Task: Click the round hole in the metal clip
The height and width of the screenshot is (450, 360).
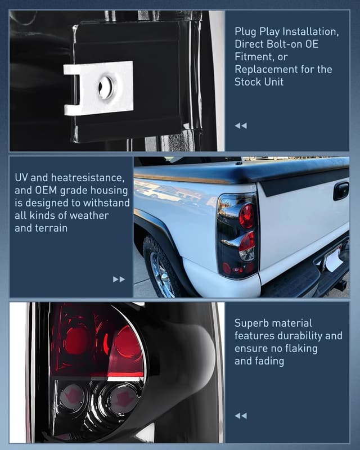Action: [105, 88]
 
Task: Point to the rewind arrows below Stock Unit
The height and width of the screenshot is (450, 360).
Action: [241, 125]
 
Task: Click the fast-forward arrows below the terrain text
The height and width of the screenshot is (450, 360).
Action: [119, 279]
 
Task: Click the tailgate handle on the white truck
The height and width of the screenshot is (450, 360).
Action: [341, 191]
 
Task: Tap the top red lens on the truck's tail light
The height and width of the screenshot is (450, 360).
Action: [246, 215]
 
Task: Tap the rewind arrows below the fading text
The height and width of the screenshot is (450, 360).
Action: [241, 416]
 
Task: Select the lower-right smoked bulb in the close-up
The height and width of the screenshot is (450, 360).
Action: [121, 398]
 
